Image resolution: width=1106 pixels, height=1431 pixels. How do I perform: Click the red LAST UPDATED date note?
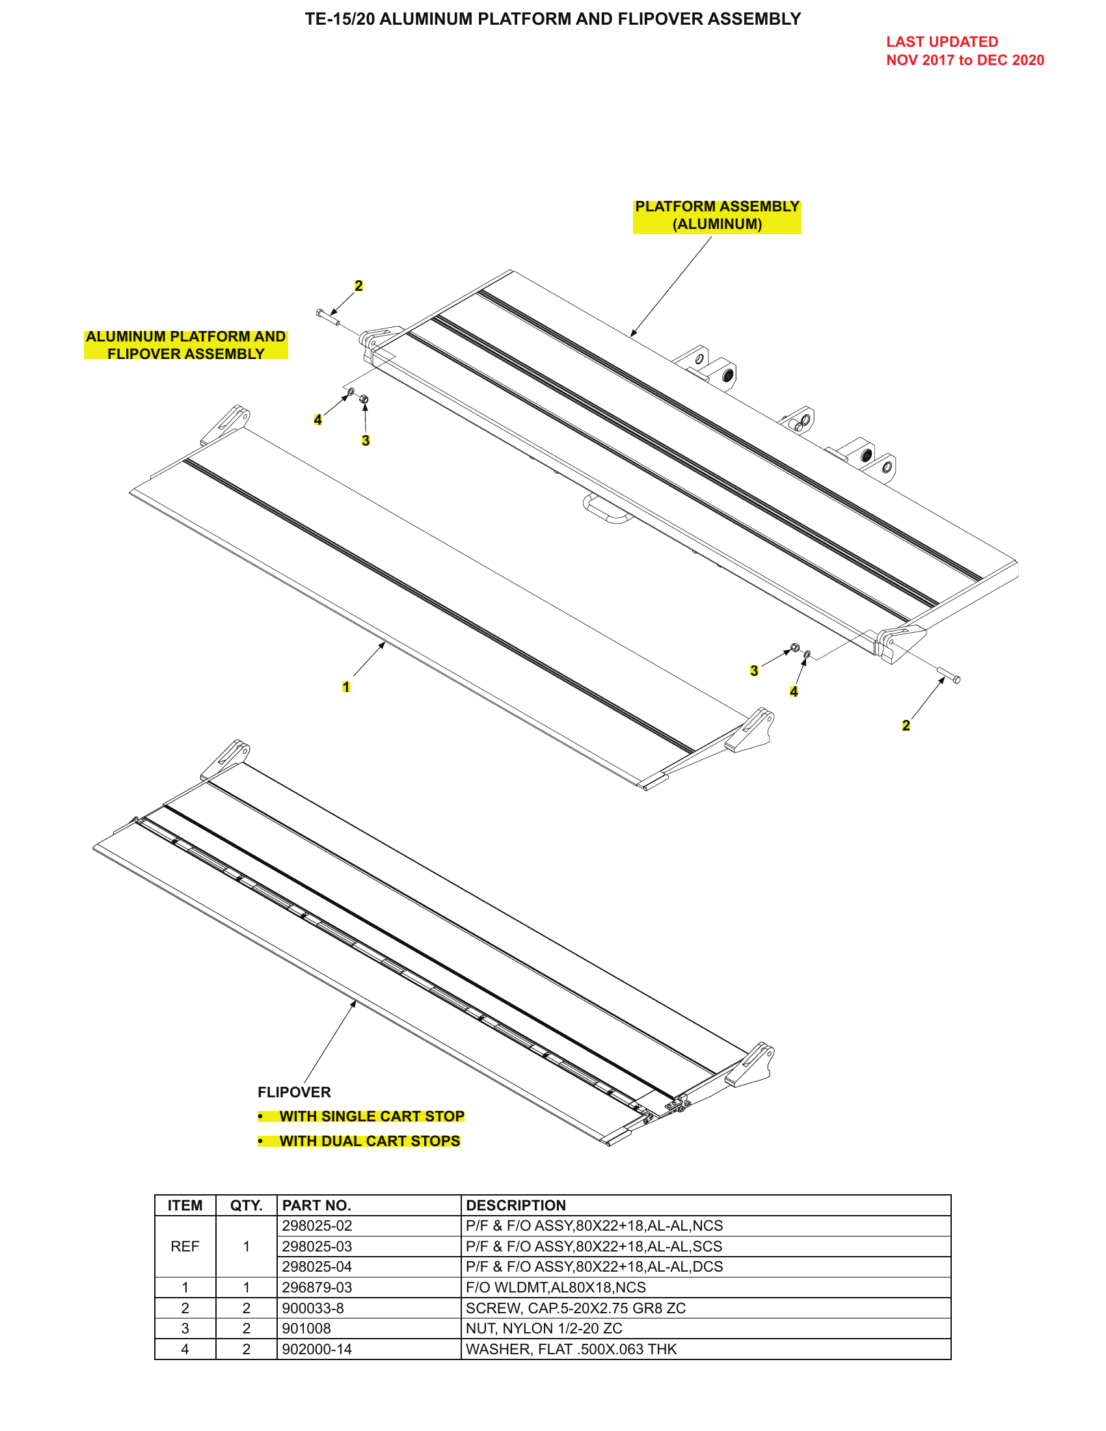964,51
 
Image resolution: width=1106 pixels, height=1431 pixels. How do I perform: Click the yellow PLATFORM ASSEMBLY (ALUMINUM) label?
716,215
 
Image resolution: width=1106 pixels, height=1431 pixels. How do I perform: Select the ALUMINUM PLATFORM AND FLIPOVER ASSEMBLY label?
185,345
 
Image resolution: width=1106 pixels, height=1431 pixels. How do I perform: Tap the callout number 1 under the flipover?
346,687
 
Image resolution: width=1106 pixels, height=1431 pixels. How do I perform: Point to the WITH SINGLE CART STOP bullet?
371,1116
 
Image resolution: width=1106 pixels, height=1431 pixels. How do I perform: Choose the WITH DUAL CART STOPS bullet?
370,1141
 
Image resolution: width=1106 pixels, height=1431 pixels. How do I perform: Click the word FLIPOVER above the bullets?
294,1092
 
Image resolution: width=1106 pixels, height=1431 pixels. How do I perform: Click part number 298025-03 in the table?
317,1246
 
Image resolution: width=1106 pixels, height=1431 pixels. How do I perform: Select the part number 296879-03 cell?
317,1287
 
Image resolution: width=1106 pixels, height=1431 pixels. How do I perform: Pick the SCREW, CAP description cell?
575,1308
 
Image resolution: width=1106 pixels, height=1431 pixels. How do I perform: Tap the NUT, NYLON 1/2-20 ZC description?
544,1328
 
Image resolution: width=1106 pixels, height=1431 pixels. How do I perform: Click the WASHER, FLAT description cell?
571,1349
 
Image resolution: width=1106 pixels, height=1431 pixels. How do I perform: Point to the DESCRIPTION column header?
516,1205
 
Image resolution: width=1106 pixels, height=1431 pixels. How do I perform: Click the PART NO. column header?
316,1205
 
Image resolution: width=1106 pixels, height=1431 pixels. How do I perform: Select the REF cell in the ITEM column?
185,1246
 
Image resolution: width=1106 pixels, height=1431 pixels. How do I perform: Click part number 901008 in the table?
306,1328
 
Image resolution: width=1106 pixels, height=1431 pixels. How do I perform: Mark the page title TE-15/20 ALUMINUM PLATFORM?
552,19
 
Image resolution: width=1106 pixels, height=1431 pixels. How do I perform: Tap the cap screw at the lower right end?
949,676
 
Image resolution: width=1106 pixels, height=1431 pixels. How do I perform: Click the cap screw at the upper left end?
327,317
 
